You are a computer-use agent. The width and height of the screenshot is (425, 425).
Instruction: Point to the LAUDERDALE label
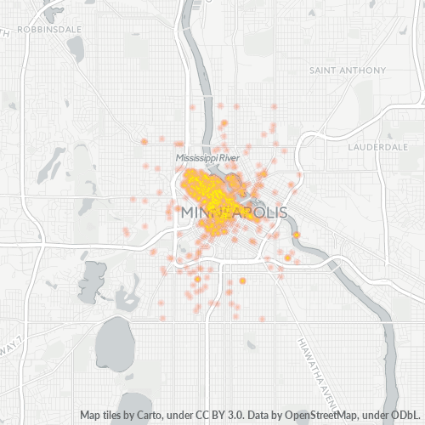378,146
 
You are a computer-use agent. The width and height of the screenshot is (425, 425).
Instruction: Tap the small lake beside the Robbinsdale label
75,48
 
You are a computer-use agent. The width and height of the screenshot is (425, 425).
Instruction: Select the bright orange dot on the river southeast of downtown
297,235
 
